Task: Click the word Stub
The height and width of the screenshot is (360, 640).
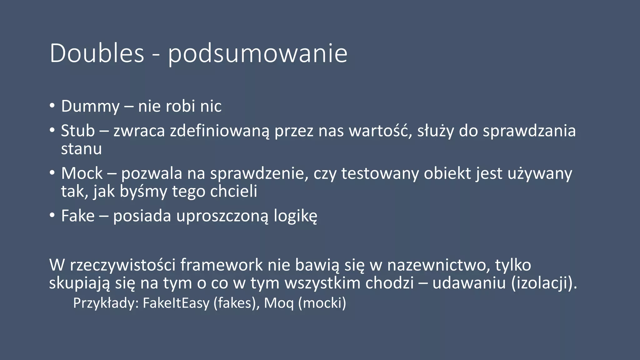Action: tap(78, 131)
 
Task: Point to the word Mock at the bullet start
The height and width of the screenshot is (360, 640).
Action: tap(82, 173)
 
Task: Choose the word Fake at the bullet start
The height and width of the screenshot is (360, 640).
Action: tap(78, 216)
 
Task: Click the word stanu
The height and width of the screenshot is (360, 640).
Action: tap(81, 149)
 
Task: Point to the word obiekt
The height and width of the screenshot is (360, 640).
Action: tap(447, 173)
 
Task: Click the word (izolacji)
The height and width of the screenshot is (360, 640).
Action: tap(544, 283)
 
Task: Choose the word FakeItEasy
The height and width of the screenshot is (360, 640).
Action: tap(176, 303)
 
